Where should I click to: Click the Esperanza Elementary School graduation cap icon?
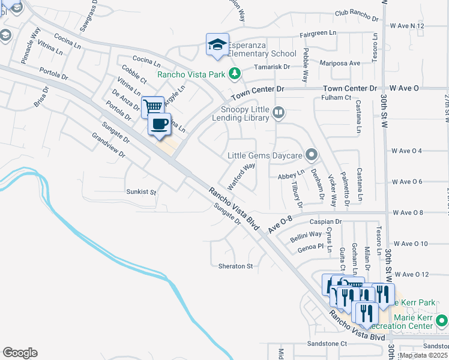[x=217, y=45]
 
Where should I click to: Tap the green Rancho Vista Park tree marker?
[x=235, y=74]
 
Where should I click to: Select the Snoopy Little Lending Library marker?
[x=278, y=112]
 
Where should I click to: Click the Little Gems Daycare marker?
[x=311, y=155]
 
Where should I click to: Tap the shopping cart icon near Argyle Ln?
[x=153, y=107]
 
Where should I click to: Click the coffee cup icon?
[x=159, y=124]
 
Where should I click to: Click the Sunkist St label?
[x=141, y=193]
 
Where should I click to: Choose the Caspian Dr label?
[x=325, y=221]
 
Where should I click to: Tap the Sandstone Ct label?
[x=327, y=344]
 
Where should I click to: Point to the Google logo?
[x=20, y=353]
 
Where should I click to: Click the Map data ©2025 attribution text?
[x=423, y=355]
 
